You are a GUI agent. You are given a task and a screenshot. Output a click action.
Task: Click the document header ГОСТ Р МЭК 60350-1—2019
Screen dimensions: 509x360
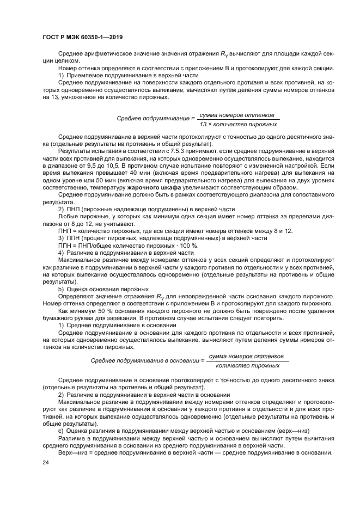click(x=82, y=36)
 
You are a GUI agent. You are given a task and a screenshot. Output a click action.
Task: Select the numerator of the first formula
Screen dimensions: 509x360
click(x=238, y=115)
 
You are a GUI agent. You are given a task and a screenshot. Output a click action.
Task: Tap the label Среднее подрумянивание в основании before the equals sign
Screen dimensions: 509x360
click(x=144, y=360)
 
